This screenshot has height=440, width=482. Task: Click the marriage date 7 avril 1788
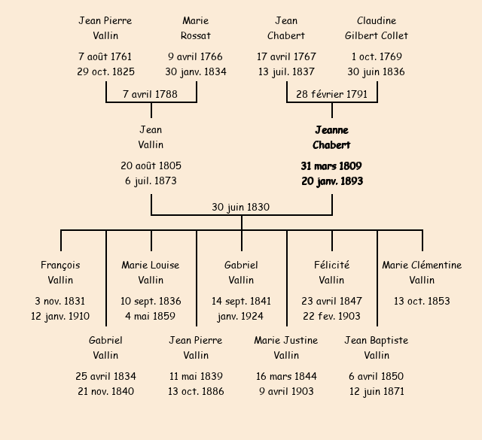[151, 94]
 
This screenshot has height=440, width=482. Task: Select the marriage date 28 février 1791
[331, 94]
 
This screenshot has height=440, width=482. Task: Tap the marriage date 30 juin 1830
[241, 207]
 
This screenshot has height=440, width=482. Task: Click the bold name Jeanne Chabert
[331, 138]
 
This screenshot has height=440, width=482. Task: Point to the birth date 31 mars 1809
[331, 165]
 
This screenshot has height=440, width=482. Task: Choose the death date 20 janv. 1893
[332, 181]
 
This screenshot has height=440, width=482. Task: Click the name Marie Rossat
[196, 28]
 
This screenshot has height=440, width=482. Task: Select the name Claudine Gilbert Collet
[377, 28]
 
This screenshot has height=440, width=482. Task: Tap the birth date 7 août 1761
[105, 56]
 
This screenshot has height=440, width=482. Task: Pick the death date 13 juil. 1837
[286, 72]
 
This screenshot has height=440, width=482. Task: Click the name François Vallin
[60, 272]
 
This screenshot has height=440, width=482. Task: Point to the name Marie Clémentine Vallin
[422, 272]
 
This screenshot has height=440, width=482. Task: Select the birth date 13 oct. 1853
[422, 301]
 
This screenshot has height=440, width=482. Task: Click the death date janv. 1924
[241, 317]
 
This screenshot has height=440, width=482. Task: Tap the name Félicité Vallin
[331, 272]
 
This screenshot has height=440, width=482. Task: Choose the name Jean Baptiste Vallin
[377, 347]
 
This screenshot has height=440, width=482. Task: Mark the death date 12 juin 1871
[377, 391]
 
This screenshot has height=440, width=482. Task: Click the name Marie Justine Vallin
[286, 347]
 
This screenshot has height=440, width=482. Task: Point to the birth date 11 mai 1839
[196, 376]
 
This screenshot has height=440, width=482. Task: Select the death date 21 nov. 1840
[105, 391]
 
